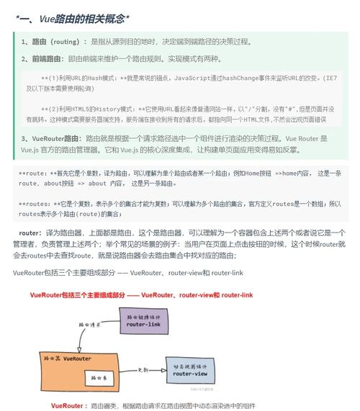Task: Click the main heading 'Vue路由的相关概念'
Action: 72,18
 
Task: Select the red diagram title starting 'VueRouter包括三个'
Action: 141,295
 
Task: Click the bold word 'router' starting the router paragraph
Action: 30,233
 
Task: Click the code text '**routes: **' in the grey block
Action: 35,204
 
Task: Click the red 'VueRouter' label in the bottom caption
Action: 68,406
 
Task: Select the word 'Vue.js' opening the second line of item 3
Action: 29,150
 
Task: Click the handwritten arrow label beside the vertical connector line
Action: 90,324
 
